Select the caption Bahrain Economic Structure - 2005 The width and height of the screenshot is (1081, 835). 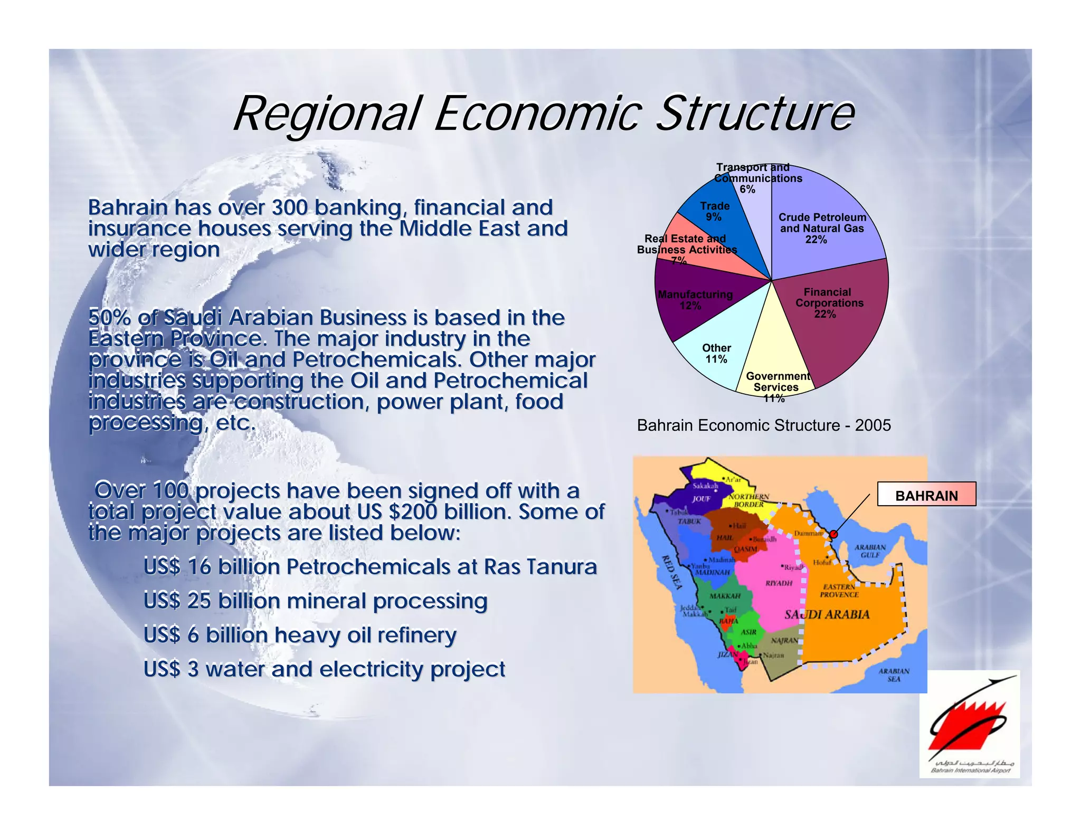tap(763, 425)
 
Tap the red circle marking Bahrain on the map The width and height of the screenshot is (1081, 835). tap(833, 535)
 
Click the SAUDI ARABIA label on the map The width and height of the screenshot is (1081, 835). tap(827, 614)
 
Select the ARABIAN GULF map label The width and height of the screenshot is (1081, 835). tap(870, 551)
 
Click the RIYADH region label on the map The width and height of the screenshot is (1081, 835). tap(779, 583)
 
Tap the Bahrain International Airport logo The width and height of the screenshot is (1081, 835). tap(969, 724)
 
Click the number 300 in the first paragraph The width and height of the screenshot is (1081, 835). tap(289, 207)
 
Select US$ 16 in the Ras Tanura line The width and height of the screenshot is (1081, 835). tap(177, 567)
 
